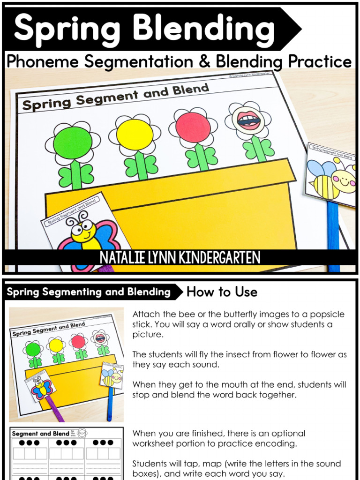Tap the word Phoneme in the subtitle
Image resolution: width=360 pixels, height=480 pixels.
[45, 61]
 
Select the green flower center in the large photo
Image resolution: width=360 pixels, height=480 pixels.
[72, 142]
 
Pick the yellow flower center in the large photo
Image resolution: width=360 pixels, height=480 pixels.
[135, 135]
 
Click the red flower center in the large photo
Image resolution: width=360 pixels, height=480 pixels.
[193, 127]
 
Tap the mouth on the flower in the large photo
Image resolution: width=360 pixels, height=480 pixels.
[248, 120]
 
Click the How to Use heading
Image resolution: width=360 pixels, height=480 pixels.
[222, 292]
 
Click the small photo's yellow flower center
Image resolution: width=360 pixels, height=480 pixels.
[56, 345]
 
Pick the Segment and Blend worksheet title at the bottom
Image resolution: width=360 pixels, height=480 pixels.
[40, 434]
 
